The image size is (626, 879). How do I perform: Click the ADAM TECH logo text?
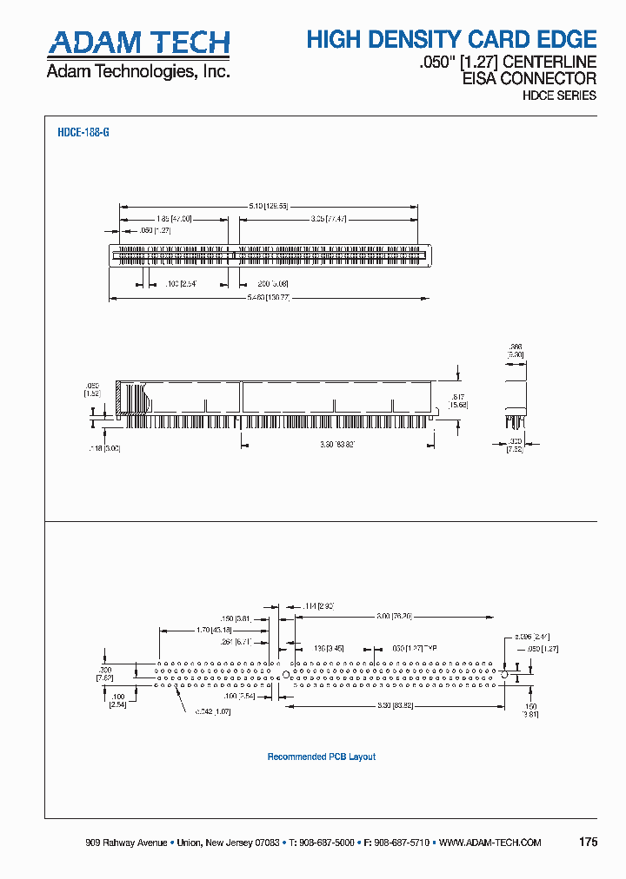[x=138, y=43]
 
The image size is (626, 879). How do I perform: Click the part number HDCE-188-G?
[x=83, y=133]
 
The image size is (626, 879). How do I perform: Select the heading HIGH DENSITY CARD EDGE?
[x=451, y=39]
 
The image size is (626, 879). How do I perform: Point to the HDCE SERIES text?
[x=559, y=96]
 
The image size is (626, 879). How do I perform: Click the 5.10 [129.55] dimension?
[x=268, y=206]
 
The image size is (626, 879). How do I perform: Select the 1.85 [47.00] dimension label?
[x=174, y=219]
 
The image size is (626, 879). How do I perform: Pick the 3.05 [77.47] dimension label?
[x=329, y=219]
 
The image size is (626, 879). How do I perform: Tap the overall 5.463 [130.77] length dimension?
[x=269, y=298]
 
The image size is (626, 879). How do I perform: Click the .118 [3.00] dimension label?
[x=103, y=448]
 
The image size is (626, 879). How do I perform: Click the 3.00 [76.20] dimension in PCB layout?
[x=396, y=616]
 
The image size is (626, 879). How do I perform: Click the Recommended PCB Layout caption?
[x=322, y=757]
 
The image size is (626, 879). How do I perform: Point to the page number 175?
[x=587, y=843]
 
